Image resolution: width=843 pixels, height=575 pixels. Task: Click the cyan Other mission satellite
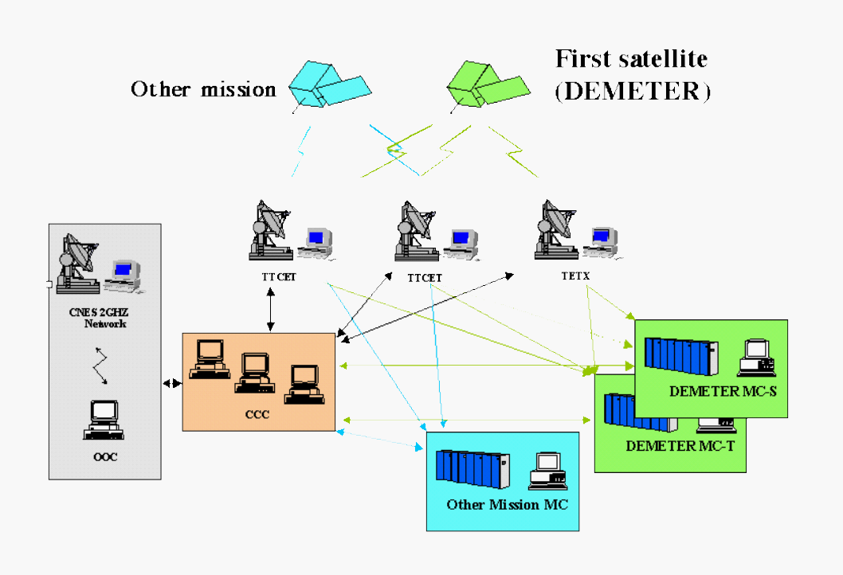[x=327, y=84]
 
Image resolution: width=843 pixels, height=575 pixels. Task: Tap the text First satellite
[x=631, y=59]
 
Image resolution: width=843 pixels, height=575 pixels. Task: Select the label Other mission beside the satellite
[x=203, y=89]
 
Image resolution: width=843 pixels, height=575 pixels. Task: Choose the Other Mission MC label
[x=507, y=504]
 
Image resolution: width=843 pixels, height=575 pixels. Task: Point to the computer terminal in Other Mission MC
[x=547, y=471]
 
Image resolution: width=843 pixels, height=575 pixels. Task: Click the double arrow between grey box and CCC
[x=171, y=384]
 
